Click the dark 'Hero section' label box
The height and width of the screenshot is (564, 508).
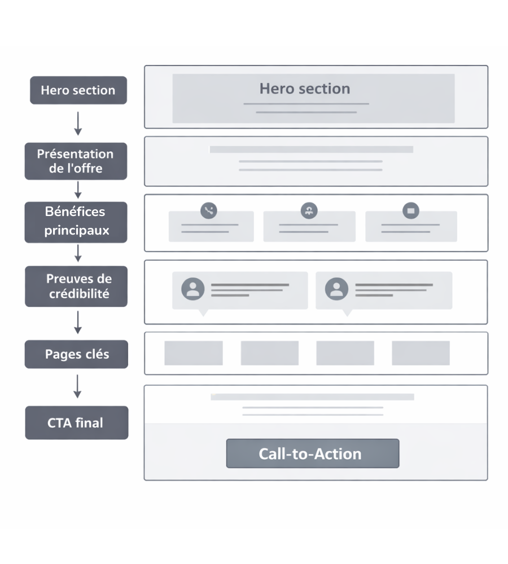tap(78, 90)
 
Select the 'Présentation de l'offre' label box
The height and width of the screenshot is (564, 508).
tap(76, 161)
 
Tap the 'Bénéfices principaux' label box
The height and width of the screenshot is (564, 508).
tap(76, 222)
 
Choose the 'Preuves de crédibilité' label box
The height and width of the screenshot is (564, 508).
tap(76, 286)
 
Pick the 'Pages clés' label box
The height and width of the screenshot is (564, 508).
tap(76, 355)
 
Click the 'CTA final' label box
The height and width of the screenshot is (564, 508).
tap(76, 422)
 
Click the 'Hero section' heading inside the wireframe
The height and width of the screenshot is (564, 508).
tap(305, 89)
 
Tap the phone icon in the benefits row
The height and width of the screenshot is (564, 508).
tap(209, 211)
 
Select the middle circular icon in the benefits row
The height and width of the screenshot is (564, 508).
tap(309, 211)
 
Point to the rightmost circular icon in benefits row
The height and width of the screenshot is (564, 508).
tap(410, 211)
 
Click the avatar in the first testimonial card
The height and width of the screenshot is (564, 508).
tap(193, 289)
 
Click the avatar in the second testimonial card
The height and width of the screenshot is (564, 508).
tap(337, 289)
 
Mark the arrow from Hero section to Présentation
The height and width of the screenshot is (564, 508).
tap(78, 123)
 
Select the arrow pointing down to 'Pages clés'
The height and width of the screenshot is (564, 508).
tap(78, 323)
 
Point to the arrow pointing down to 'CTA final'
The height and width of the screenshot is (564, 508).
tap(78, 386)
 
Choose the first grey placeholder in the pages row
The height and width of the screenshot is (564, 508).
tap(194, 353)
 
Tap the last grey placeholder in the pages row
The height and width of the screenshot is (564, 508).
tap(421, 353)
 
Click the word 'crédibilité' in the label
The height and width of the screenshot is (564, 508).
tap(79, 294)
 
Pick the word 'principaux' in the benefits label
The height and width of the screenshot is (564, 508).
tap(77, 230)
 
